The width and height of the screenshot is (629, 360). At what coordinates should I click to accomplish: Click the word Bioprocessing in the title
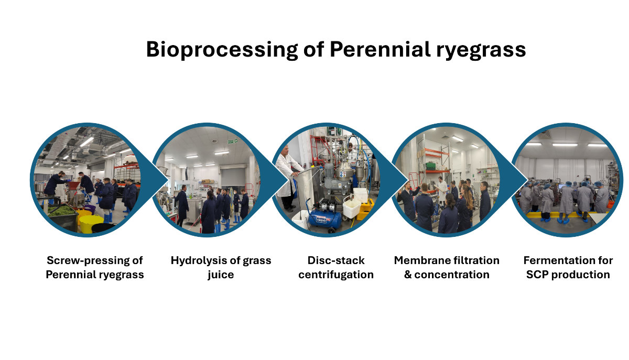[222, 50]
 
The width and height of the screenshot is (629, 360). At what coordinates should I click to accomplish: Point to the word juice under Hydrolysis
[221, 275]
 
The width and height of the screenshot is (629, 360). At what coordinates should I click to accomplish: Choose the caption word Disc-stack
[336, 260]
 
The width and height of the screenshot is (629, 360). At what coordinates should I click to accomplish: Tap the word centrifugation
[336, 275]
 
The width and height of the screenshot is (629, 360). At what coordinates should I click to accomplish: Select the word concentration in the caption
[452, 275]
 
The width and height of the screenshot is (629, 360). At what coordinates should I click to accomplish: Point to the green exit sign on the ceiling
[232, 141]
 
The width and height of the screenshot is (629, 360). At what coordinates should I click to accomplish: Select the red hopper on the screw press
[73, 186]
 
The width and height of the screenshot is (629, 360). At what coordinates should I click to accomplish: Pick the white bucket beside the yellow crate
[352, 207]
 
